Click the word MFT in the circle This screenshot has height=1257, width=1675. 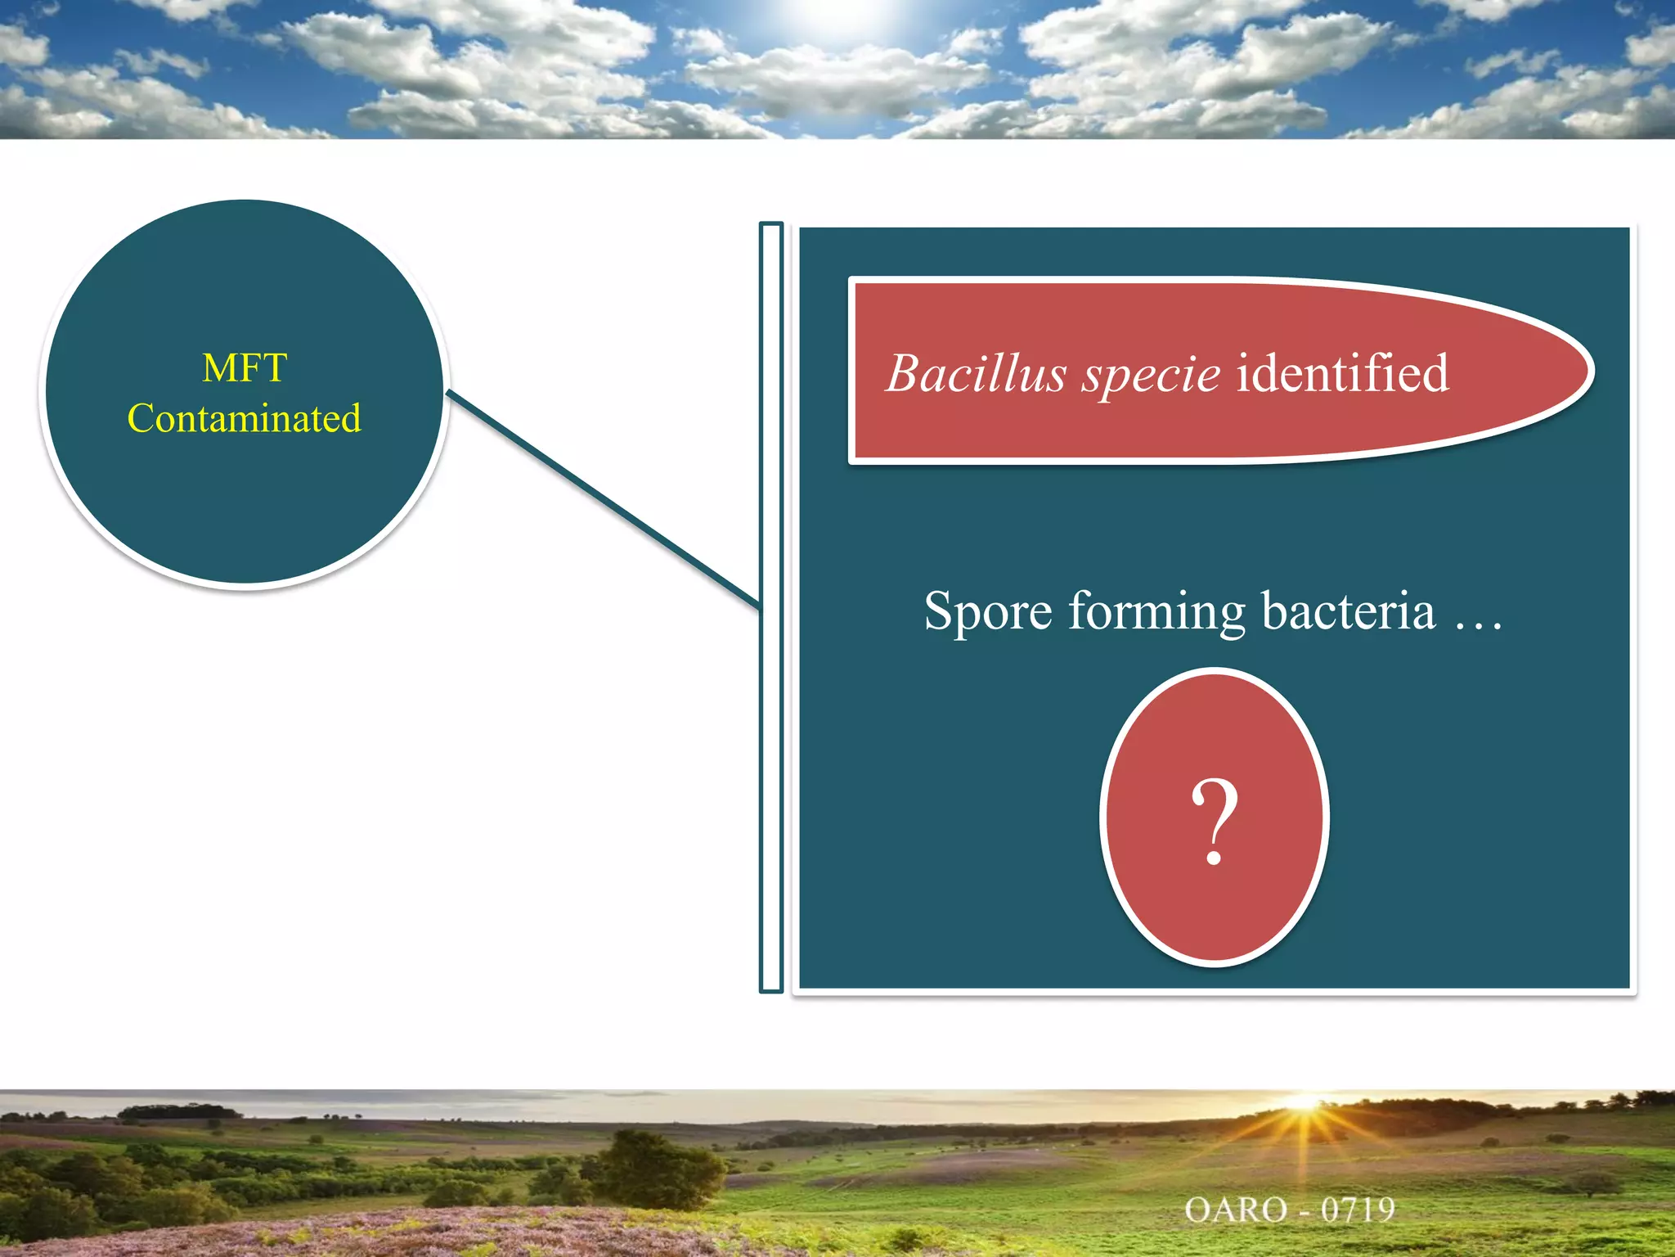(245, 368)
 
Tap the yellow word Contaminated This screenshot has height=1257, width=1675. (245, 419)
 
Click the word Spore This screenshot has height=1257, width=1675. (987, 611)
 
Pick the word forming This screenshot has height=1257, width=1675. (1157, 613)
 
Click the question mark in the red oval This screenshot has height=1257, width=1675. (1215, 821)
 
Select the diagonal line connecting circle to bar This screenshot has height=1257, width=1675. (604, 499)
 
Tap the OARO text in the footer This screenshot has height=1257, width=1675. (1236, 1210)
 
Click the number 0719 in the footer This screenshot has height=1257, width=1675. (1358, 1210)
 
